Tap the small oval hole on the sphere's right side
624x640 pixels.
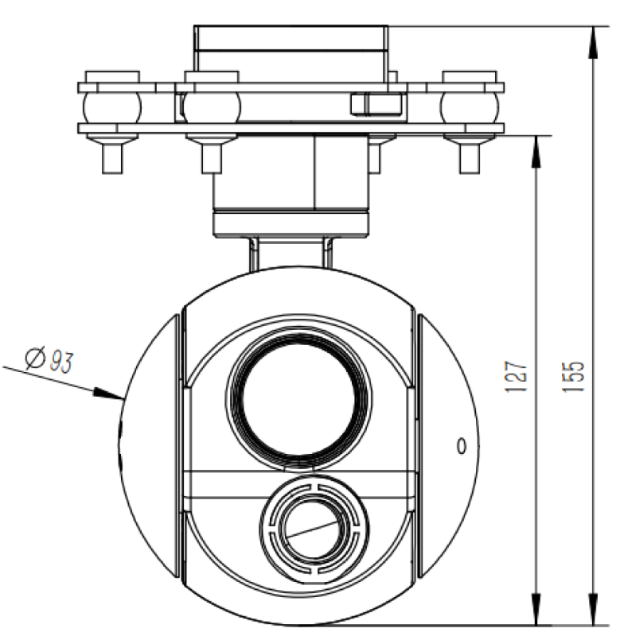point(460,446)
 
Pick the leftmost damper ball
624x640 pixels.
point(111,106)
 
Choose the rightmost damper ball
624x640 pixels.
point(471,106)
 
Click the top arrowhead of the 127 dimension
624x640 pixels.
point(538,148)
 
